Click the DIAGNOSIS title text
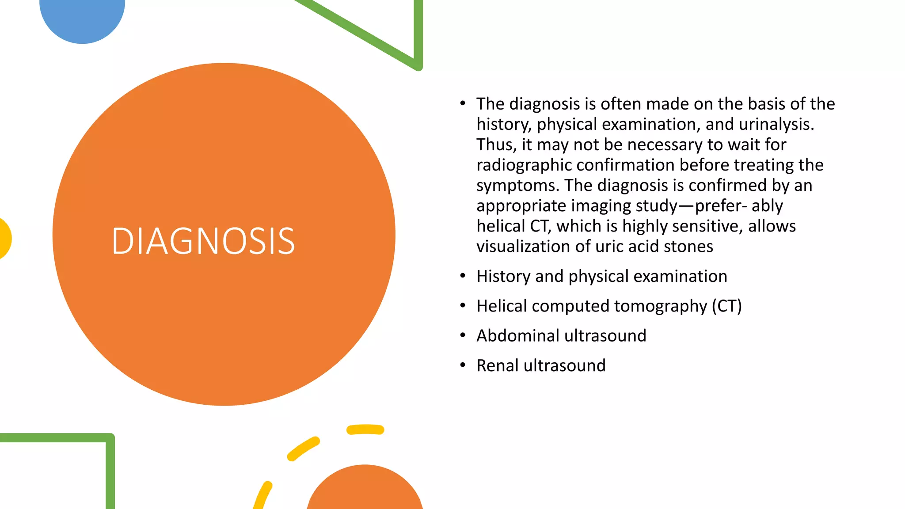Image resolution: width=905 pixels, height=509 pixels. click(x=203, y=241)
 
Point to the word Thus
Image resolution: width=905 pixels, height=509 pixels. click(x=496, y=144)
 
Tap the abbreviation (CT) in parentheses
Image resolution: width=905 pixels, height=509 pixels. click(x=726, y=306)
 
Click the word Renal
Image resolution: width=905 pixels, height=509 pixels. click(x=498, y=365)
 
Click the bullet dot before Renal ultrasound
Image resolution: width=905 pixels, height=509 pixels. click(x=463, y=365)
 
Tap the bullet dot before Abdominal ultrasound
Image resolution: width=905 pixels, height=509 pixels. click(x=463, y=335)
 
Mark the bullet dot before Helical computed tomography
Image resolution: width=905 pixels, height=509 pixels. click(x=463, y=305)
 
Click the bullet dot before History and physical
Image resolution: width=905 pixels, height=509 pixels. click(x=463, y=276)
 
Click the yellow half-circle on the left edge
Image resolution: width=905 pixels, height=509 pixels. click(x=4, y=239)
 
